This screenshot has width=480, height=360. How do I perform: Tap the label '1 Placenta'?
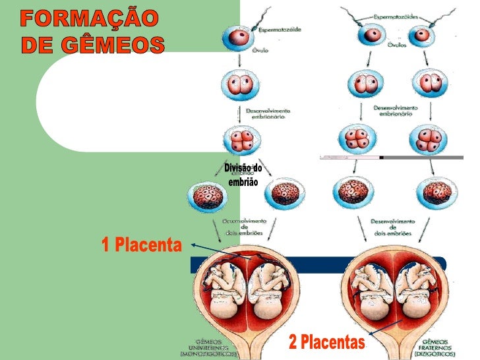140,246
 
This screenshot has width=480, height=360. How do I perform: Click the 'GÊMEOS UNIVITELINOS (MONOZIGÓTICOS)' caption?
208,347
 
